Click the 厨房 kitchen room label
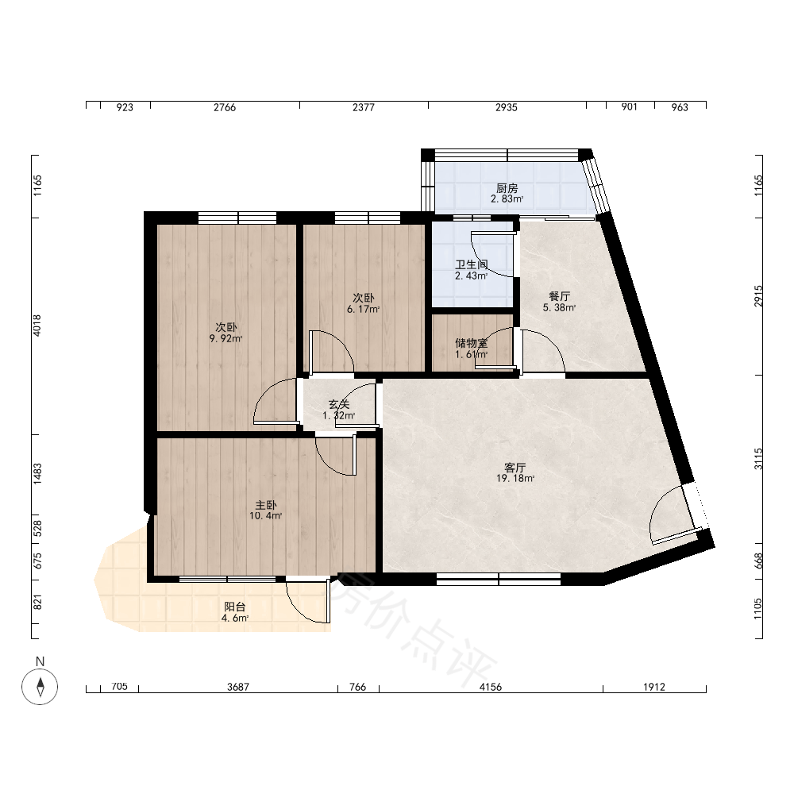click(507, 188)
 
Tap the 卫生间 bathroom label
click(472, 265)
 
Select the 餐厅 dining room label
click(560, 296)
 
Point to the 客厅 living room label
click(515, 468)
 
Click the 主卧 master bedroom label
click(265, 505)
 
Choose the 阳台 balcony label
click(235, 607)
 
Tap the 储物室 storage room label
click(472, 343)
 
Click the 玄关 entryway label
click(339, 405)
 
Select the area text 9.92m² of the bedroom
click(225, 339)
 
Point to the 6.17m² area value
click(363, 309)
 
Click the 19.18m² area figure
click(515, 478)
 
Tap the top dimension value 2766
click(225, 107)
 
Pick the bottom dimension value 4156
click(491, 687)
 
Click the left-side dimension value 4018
click(37, 325)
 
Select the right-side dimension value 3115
click(758, 459)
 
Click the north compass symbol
click(40, 687)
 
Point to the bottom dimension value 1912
click(654, 687)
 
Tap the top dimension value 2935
click(507, 107)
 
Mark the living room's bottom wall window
click(499, 579)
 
